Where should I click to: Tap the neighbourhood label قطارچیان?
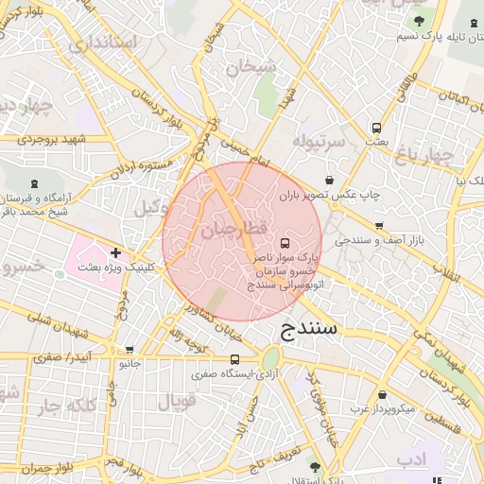point(234,230)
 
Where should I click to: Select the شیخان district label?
point(252,65)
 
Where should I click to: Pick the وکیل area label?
point(151,207)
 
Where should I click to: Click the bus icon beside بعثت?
point(377,128)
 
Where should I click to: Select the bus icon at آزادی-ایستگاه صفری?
point(234,359)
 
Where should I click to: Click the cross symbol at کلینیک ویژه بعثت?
point(115,252)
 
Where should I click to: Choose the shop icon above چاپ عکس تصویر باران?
point(329,180)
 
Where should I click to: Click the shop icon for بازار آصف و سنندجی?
point(379,226)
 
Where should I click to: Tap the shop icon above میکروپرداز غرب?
point(382,395)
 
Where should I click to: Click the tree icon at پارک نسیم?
point(419,22)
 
